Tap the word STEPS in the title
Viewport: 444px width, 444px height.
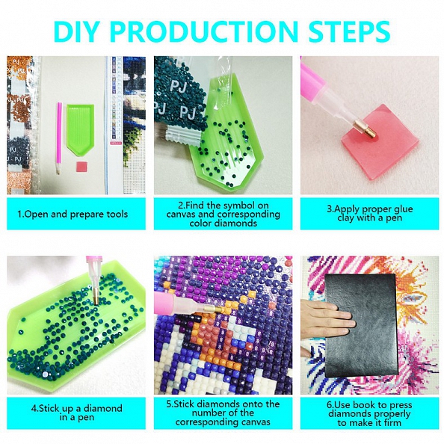(x=349, y=31)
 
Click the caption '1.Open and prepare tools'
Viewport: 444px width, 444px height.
(x=73, y=214)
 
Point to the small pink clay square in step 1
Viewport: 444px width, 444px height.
(x=81, y=166)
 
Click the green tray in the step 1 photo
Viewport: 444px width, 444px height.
(x=80, y=129)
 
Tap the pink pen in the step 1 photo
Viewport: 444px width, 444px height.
(x=59, y=138)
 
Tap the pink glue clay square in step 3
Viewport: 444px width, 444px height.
(x=380, y=141)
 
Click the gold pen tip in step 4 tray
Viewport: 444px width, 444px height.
(x=96, y=296)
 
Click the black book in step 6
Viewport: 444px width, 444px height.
(x=361, y=326)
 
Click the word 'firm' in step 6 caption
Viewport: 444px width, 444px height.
(x=391, y=423)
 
